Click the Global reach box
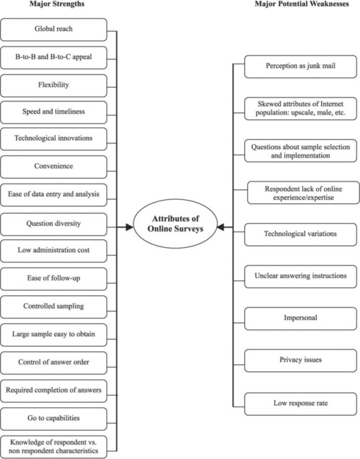pos(54,30)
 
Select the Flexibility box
pos(54,85)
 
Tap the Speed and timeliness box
pos(54,112)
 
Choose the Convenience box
pos(54,167)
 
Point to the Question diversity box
pos(54,224)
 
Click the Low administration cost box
pos(54,251)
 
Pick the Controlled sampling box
pos(54,307)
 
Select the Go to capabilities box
pos(54,419)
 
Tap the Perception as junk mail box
pos(300,67)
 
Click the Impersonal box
pos(300,319)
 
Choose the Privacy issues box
pos(300,361)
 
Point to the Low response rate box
pos(300,404)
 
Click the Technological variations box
pos(300,235)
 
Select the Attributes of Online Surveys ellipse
pos(175,224)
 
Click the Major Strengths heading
pos(57,4)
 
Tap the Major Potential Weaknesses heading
pos(302,4)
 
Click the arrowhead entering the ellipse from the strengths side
pos(129,227)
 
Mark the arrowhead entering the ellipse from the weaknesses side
pos(221,227)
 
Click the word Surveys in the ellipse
pos(188,229)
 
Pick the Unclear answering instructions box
pos(300,277)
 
